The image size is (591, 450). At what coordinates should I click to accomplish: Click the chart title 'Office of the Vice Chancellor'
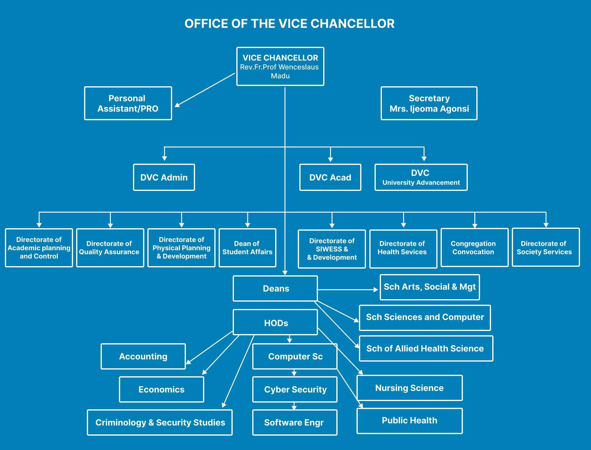(x=289, y=24)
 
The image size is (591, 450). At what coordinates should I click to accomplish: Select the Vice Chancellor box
(x=280, y=66)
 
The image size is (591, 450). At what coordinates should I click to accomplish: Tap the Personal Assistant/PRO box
(x=128, y=103)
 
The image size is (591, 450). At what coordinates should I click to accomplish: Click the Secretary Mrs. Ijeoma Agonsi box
(x=429, y=103)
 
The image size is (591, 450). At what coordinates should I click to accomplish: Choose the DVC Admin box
(x=164, y=177)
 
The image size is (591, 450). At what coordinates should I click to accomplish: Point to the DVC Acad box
(x=330, y=177)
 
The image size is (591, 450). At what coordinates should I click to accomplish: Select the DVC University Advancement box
(x=421, y=177)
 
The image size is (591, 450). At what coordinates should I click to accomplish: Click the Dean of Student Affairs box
(x=247, y=248)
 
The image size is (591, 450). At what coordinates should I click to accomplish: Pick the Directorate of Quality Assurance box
(x=110, y=248)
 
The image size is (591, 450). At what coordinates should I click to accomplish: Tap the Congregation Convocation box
(x=474, y=247)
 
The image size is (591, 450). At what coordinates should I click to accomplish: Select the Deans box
(x=275, y=288)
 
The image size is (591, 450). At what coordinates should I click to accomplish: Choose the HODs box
(x=275, y=323)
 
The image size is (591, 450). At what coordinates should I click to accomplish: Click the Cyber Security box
(x=295, y=389)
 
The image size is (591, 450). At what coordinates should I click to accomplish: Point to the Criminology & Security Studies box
(x=160, y=422)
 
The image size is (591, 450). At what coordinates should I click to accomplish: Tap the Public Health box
(x=409, y=421)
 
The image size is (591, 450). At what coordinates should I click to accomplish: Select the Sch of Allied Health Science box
(x=426, y=348)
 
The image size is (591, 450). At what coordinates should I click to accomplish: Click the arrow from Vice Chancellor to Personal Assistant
(x=205, y=90)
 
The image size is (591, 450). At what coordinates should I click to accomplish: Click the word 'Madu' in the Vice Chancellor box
(x=280, y=76)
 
